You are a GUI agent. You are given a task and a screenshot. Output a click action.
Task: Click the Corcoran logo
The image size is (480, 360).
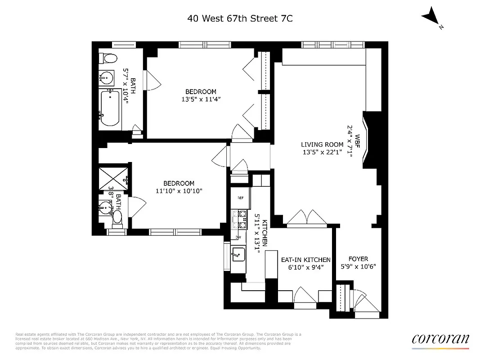click(440, 339)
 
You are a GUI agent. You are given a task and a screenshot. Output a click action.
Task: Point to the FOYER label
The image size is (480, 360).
click(358, 259)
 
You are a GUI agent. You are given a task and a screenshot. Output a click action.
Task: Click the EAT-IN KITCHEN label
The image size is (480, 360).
click(305, 260)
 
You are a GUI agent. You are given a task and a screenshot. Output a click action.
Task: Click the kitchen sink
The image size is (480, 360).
click(238, 255)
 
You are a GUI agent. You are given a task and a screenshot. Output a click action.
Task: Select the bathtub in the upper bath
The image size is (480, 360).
click(109, 108)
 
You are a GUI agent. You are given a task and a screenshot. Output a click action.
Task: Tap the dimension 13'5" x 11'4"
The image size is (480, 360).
click(198, 99)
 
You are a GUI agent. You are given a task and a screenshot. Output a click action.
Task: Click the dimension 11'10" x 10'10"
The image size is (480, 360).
click(179, 191)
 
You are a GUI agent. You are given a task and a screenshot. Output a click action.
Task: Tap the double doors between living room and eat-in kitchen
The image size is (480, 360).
click(306, 217)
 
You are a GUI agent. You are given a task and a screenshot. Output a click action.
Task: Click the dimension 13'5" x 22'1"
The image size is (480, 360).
click(322, 152)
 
